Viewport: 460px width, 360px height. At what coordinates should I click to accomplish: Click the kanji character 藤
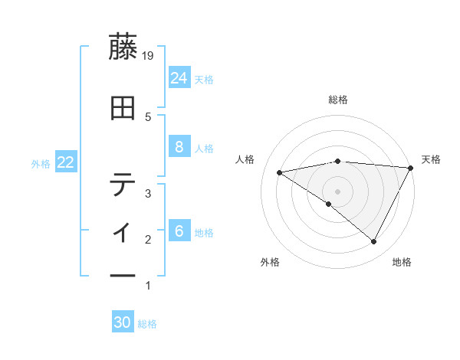point(123,48)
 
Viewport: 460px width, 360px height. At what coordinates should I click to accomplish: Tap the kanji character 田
point(123,110)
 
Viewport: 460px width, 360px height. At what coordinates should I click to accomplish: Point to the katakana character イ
point(123,229)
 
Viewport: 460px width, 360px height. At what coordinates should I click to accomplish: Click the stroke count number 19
point(148,55)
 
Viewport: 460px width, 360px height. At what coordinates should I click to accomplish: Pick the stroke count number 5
point(148,116)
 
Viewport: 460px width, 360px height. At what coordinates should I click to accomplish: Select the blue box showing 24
point(179,77)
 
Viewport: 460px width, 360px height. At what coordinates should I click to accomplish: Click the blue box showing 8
point(179,147)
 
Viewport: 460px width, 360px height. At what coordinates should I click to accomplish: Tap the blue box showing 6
point(179,231)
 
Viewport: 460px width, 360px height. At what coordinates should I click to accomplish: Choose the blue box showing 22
point(65,162)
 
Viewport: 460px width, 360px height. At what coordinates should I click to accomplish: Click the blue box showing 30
point(123,323)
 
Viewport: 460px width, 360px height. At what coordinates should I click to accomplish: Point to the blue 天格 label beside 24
point(204,79)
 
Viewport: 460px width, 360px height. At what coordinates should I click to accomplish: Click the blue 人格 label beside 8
point(204,149)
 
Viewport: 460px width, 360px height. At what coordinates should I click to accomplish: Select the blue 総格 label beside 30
point(147,325)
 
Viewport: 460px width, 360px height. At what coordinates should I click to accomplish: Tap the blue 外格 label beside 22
point(41,164)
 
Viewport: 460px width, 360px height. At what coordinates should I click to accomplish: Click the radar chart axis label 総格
point(338,100)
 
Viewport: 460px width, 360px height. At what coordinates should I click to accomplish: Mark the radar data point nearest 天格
point(410,168)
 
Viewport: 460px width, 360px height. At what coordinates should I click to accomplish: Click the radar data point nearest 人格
point(280,172)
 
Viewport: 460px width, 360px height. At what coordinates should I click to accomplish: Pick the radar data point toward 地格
point(374,242)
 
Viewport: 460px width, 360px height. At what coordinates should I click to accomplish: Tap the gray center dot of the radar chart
point(338,191)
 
